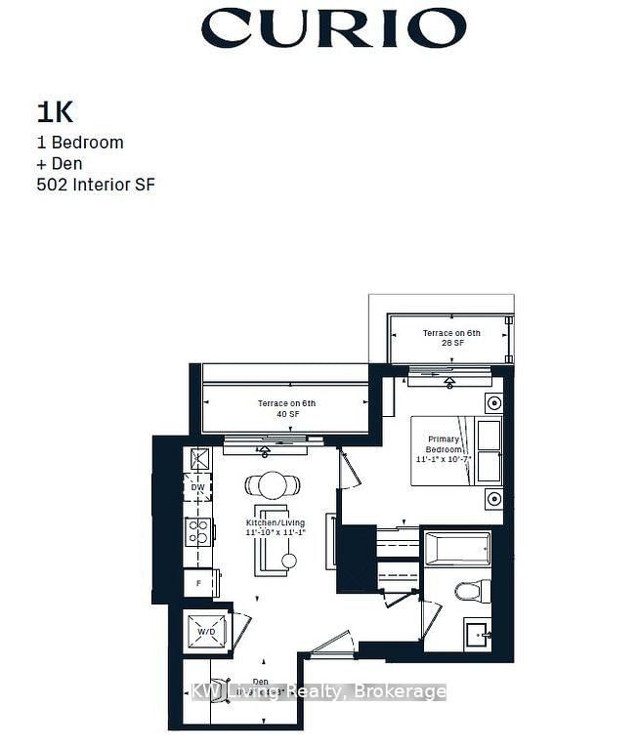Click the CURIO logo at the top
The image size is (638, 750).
(333, 28)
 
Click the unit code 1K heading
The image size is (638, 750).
(57, 110)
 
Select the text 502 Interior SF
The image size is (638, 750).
(95, 185)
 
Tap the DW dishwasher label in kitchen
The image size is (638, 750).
(198, 487)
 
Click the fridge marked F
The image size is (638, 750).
(199, 583)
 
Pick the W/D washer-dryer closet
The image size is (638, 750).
(207, 631)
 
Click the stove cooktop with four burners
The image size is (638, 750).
(199, 531)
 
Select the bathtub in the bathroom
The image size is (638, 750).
(456, 550)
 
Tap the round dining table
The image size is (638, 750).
(274, 485)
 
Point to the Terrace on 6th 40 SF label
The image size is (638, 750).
(286, 409)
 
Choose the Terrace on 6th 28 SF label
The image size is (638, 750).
(450, 339)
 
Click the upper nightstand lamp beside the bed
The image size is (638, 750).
(493, 401)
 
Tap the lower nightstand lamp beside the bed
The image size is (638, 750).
(493, 499)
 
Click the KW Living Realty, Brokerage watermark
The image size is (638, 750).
(319, 691)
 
